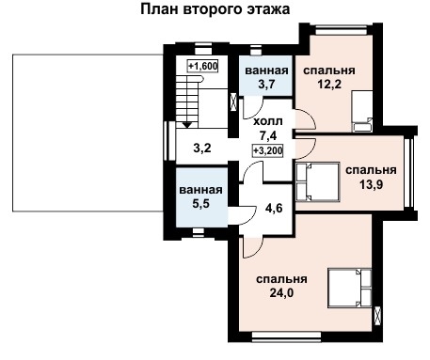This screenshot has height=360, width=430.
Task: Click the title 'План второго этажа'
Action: pyautogui.click(x=215, y=10)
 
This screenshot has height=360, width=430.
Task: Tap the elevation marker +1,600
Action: pyautogui.click(x=202, y=66)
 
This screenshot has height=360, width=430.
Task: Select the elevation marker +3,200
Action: pyautogui.click(x=268, y=149)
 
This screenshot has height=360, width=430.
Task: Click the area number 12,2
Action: pyautogui.click(x=328, y=85)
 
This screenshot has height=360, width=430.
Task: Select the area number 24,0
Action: pyautogui.click(x=281, y=293)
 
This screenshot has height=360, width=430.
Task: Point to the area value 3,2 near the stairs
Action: pyautogui.click(x=202, y=148)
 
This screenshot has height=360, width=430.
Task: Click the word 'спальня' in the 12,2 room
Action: pyautogui.click(x=328, y=70)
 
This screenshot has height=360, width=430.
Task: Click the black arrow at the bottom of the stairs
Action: pyautogui.click(x=188, y=122)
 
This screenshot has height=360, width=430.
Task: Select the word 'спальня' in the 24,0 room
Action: pyautogui.click(x=281, y=279)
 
